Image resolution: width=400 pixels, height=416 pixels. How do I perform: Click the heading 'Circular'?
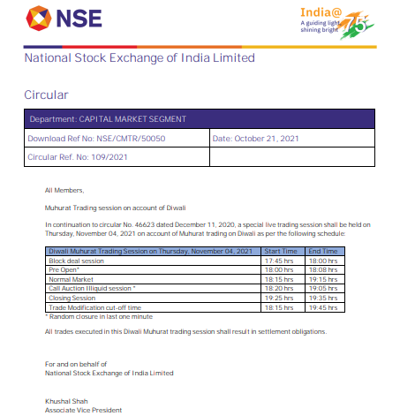(x=46, y=94)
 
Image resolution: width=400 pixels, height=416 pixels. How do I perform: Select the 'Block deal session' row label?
(x=76, y=261)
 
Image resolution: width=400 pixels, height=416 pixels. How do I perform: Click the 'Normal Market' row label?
(x=71, y=278)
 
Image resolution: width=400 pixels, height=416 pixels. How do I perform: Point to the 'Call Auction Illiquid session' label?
(x=91, y=288)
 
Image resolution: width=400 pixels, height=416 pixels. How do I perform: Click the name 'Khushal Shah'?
(x=63, y=401)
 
